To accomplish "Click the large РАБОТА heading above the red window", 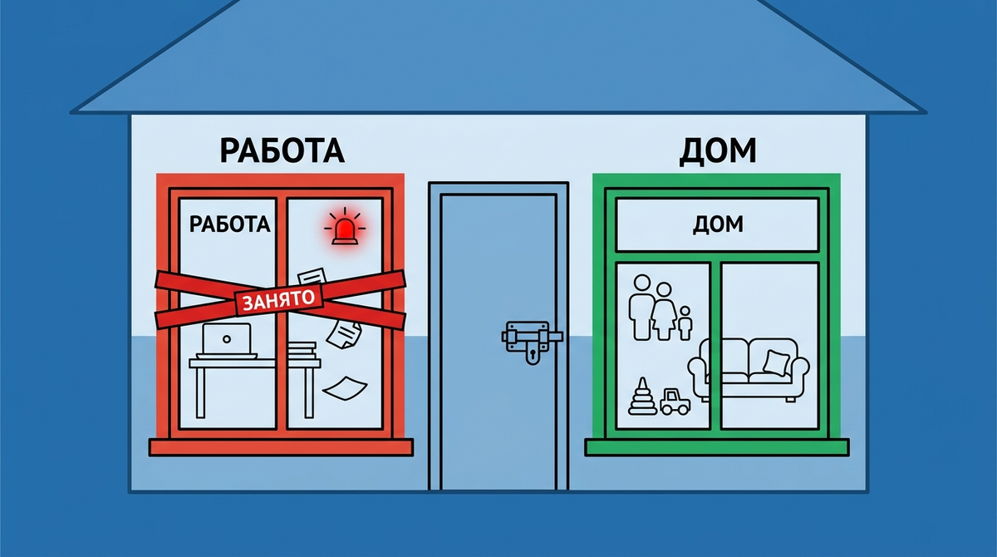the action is tap(282, 150).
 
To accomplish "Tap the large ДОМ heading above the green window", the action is tap(718, 151).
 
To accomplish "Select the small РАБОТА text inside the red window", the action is tap(229, 224).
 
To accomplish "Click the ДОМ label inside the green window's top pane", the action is tap(718, 224).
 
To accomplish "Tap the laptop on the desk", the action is tap(227, 341).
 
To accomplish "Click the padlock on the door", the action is tap(533, 354).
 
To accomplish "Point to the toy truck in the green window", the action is tap(675, 402).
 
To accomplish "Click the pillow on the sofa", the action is tap(777, 362).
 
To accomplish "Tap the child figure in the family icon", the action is tap(685, 323).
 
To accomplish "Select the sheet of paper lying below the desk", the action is tap(345, 388).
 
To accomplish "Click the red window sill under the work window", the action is tap(281, 447).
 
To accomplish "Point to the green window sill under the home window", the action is tap(716, 447).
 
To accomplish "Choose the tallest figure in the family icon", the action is tap(641, 308).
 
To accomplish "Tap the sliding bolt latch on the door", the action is tap(532, 335).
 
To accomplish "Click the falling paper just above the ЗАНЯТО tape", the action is tap(312, 276).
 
